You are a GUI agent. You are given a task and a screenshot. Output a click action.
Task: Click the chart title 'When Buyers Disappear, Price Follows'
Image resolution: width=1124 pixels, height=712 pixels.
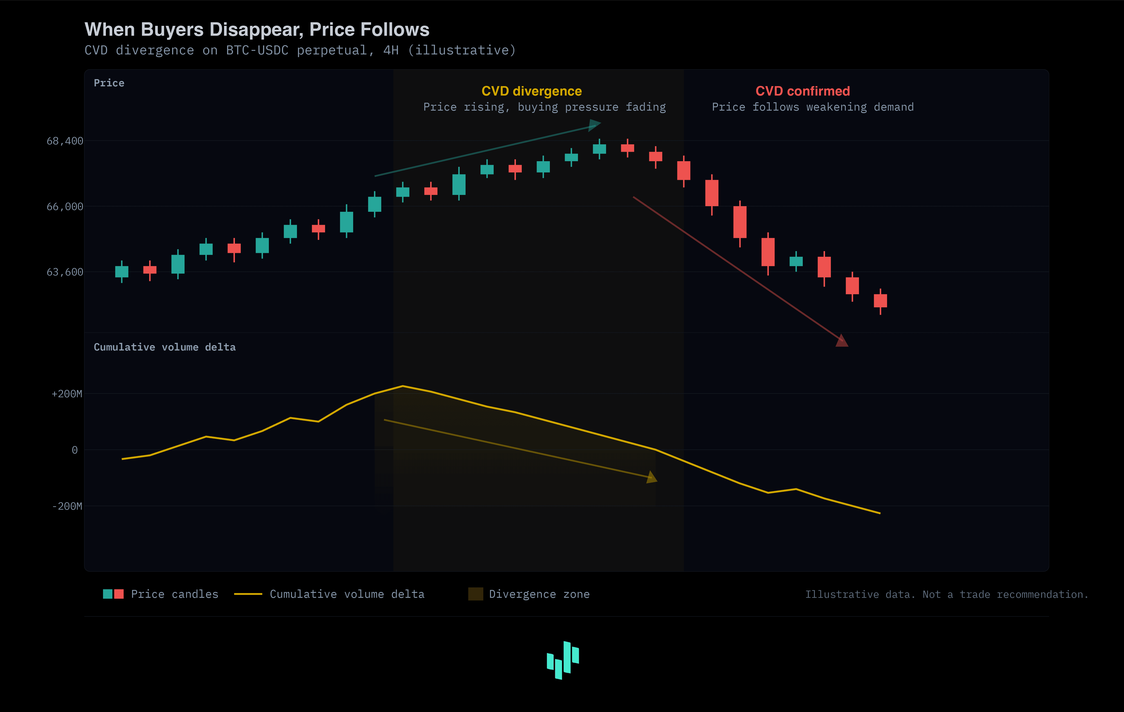point(257,29)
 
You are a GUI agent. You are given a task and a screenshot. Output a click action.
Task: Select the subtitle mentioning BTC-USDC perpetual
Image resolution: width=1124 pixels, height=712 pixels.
point(300,50)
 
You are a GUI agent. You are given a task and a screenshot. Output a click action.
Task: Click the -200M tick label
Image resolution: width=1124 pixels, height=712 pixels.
point(67,506)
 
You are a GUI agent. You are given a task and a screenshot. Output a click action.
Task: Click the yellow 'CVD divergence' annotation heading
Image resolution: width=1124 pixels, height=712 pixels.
point(532,91)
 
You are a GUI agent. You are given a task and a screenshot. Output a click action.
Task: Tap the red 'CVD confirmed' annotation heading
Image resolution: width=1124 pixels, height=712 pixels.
point(802,91)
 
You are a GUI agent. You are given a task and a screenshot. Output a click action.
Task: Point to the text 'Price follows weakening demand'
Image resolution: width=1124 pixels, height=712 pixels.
point(813,107)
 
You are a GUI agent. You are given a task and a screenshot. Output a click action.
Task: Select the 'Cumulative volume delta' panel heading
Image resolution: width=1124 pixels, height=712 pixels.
point(164,347)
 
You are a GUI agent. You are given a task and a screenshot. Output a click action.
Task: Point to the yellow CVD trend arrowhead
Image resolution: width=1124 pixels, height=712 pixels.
point(652,477)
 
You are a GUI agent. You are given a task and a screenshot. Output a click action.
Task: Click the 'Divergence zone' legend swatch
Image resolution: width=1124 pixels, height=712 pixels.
point(475,594)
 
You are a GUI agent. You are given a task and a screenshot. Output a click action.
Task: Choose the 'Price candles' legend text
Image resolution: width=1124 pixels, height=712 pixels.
point(175,594)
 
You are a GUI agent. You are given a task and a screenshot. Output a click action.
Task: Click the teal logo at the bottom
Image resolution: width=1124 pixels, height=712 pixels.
point(563,660)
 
